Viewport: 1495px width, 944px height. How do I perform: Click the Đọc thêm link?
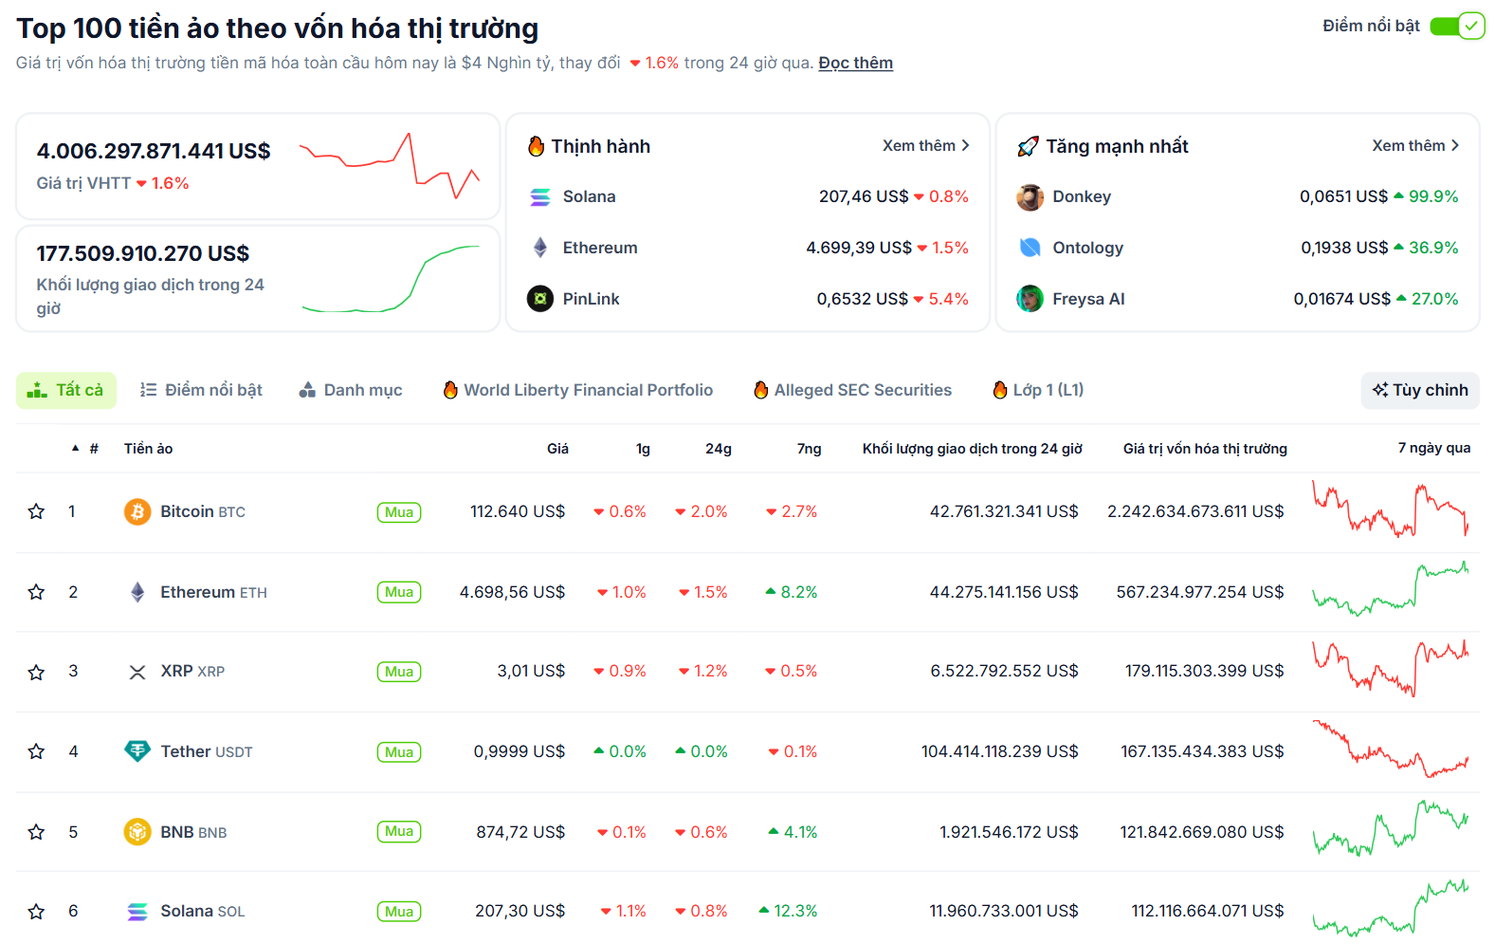click(855, 63)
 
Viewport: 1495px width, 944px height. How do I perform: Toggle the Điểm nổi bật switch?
click(1456, 26)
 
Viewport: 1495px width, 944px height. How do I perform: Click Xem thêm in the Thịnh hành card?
click(925, 145)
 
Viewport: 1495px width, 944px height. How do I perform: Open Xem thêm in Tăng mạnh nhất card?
click(1414, 145)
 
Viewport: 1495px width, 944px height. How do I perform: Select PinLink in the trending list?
click(590, 299)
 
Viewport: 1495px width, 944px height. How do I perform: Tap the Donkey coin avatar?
click(1030, 196)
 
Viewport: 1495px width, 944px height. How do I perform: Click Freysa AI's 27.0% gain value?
click(1433, 299)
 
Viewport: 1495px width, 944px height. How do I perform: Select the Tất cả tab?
click(66, 390)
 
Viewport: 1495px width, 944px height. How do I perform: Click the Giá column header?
click(557, 449)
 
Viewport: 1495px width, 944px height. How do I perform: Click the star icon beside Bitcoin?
click(36, 511)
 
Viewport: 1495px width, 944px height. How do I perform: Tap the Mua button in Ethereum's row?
click(399, 592)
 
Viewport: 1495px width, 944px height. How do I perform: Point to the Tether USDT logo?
click(137, 751)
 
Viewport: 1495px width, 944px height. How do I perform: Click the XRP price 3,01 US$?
click(531, 671)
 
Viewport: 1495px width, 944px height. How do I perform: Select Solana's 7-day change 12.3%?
click(794, 911)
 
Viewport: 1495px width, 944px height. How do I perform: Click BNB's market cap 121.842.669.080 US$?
click(1201, 832)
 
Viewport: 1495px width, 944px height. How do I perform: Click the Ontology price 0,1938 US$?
click(1343, 248)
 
